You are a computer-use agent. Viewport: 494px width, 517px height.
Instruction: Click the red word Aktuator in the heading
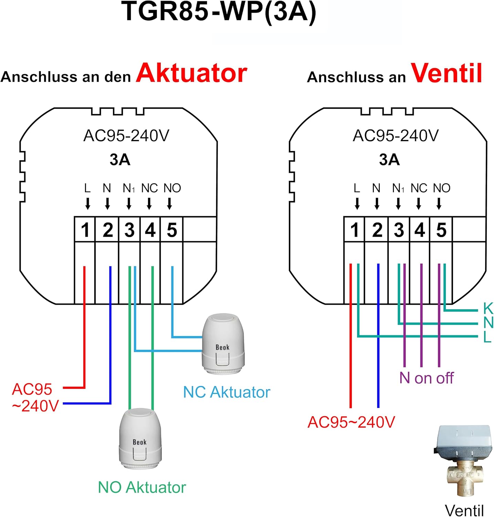[x=191, y=73]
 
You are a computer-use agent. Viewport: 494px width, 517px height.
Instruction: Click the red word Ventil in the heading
[x=446, y=73]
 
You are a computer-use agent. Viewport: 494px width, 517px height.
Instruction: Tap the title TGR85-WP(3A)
[x=219, y=12]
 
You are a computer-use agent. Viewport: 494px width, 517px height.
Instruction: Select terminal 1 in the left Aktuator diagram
[x=85, y=230]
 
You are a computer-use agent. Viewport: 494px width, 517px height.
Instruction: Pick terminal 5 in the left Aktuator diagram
[x=172, y=230]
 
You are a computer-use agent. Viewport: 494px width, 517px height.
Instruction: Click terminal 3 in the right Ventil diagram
[x=399, y=230]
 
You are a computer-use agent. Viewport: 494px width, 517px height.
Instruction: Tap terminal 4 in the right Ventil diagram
[x=420, y=230]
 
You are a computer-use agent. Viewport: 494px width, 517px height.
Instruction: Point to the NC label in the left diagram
[x=149, y=188]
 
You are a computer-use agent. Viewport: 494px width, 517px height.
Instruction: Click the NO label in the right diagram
[x=442, y=188]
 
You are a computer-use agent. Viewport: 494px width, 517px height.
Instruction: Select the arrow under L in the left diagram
[x=88, y=204]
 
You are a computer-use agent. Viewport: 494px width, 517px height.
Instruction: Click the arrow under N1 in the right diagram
[x=398, y=204]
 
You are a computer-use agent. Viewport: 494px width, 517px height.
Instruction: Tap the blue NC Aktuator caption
[x=227, y=392]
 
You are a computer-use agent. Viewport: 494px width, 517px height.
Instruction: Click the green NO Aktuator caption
[x=142, y=487]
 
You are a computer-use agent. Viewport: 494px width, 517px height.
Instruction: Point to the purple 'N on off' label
[x=427, y=378]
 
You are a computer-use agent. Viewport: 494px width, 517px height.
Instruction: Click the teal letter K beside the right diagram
[x=488, y=308]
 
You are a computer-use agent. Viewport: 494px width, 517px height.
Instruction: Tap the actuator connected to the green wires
[x=140, y=439]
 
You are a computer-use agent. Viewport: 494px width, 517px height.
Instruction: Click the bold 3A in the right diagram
[x=389, y=160]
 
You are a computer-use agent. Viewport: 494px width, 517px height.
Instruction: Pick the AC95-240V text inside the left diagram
[x=126, y=135]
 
